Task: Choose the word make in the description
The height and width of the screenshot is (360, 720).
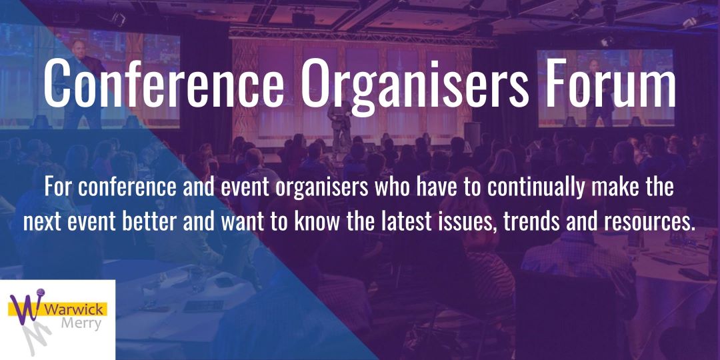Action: click(625, 188)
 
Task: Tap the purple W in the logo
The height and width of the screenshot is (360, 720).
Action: click(27, 309)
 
